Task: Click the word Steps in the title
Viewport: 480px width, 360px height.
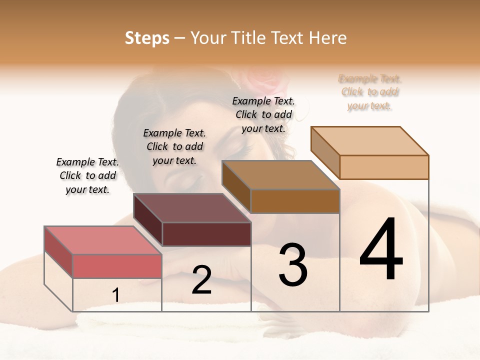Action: click(147, 38)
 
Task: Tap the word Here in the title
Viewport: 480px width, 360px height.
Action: click(327, 38)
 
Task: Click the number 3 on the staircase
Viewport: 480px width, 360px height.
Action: click(293, 265)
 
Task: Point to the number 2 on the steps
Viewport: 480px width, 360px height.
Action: click(201, 280)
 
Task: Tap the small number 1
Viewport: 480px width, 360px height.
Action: click(116, 295)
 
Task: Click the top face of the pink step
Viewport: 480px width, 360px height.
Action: click(102, 240)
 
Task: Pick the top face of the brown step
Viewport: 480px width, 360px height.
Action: click(280, 175)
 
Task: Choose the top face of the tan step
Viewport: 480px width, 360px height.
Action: click(369, 141)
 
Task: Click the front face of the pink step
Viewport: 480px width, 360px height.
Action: click(117, 266)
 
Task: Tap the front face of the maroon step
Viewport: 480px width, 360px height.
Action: click(206, 234)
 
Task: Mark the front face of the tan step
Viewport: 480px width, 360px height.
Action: click(384, 167)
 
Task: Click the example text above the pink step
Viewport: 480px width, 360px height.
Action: click(87, 176)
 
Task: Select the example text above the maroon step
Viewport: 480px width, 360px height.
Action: click(174, 146)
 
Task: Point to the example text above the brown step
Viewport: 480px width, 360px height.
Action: click(263, 114)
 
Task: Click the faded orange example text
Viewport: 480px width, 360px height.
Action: click(370, 92)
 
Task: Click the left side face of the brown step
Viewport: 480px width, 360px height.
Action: click(236, 187)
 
